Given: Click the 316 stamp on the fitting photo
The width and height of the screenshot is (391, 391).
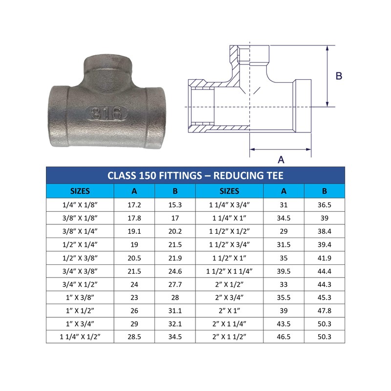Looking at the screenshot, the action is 107,113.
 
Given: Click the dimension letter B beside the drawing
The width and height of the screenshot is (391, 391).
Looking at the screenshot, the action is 339,76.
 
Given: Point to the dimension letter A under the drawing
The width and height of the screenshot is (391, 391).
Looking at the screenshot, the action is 281,160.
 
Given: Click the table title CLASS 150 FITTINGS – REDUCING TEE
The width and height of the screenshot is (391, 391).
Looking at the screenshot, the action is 195,175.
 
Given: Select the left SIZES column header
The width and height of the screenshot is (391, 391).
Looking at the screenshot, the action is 80,191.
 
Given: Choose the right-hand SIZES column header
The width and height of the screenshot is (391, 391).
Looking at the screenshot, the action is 229,191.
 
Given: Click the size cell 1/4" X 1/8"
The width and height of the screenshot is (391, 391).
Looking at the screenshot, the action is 80,205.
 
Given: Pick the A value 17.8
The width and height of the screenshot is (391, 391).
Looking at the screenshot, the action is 134,218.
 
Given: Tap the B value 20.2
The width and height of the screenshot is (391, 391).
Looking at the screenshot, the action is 175,231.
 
